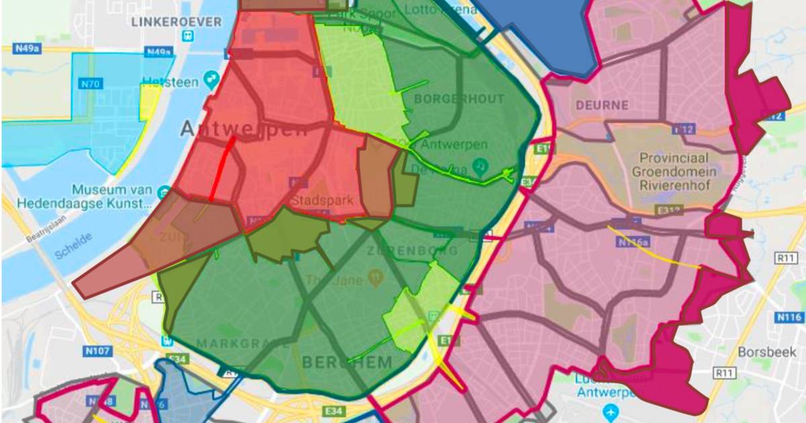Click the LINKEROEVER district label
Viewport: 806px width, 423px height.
coord(177,22)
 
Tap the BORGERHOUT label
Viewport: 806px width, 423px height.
coord(459,99)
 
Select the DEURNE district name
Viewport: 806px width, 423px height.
coord(602,105)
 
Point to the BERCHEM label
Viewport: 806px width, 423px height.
coord(347,363)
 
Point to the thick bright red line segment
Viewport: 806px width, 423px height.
coord(221,169)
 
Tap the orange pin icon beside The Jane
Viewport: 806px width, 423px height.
coord(377,275)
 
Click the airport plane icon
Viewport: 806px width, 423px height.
coord(611,410)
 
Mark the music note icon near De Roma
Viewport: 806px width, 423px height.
coord(480,165)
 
